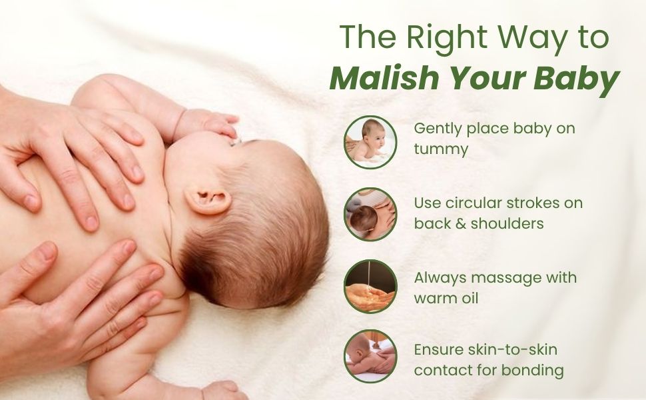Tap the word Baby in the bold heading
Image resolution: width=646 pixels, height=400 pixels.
(x=576, y=79)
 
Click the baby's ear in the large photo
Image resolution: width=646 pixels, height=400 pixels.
(x=208, y=200)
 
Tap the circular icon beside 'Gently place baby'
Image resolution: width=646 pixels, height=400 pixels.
(x=370, y=142)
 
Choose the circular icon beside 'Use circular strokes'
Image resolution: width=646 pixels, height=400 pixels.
(x=370, y=215)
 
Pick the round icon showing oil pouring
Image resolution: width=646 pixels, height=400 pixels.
(x=370, y=287)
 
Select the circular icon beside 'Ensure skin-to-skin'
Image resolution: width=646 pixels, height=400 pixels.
(x=370, y=356)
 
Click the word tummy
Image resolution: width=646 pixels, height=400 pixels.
(x=441, y=149)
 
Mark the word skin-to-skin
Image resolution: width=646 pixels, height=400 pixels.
(x=513, y=349)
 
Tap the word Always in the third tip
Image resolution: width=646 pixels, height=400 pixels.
(x=440, y=279)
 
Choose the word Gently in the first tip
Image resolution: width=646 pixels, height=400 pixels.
(x=438, y=129)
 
